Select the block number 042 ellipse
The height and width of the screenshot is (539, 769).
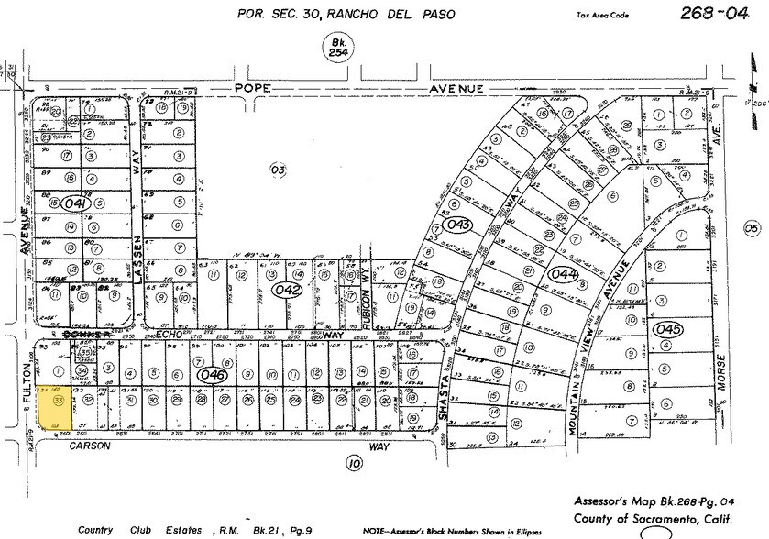click(x=288, y=290)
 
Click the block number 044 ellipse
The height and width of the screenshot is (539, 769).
click(x=563, y=273)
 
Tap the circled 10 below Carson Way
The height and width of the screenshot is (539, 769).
click(x=354, y=464)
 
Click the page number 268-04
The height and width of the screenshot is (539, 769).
click(x=713, y=13)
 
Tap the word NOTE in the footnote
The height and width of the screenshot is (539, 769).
click(x=377, y=531)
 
